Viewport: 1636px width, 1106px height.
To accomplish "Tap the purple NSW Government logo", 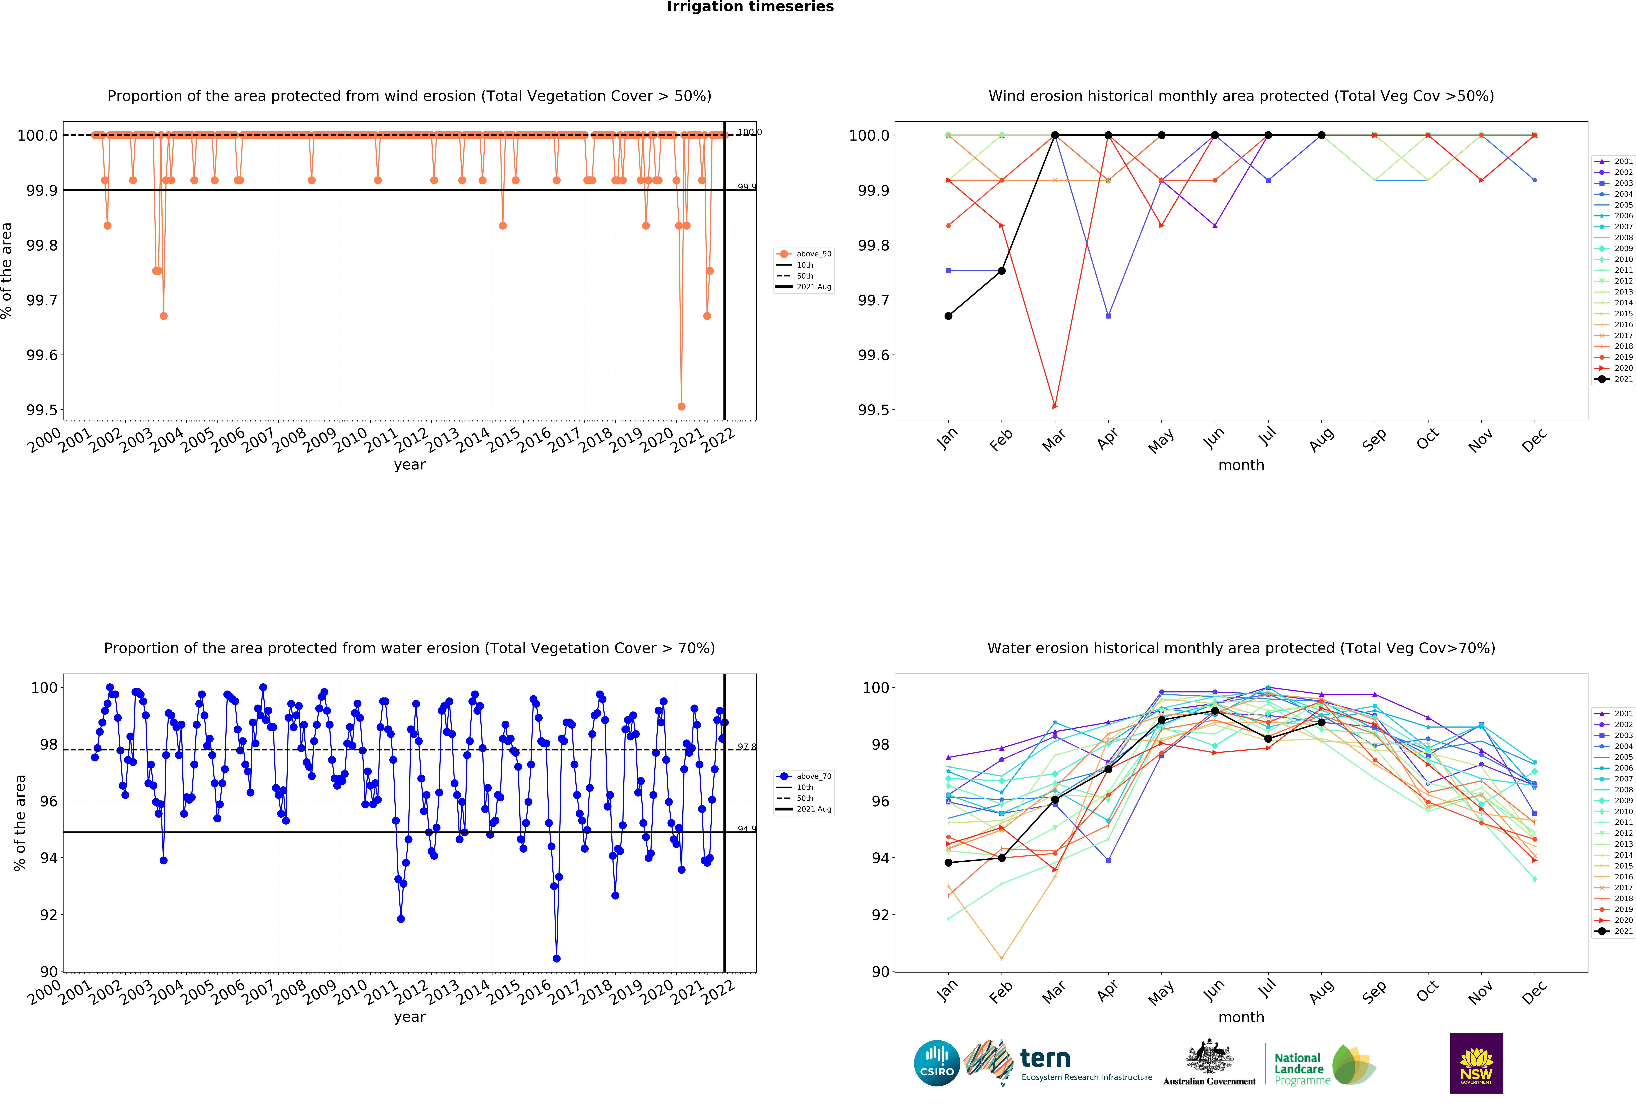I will pyautogui.click(x=1476, y=1063).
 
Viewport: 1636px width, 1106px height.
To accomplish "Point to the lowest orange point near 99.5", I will pyautogui.click(x=681, y=406).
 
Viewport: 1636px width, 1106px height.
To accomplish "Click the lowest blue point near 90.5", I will pyautogui.click(x=556, y=958).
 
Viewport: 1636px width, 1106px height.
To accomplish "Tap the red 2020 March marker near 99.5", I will pyautogui.click(x=1054, y=406).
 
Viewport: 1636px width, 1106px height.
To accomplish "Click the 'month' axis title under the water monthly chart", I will pyautogui.click(x=1241, y=1017).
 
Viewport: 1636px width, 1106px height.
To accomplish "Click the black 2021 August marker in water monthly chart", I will pyautogui.click(x=1321, y=722).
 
